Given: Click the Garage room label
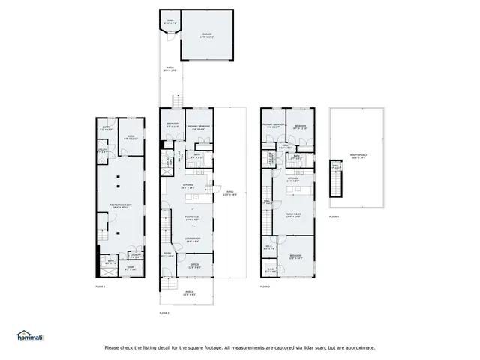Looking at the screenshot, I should click(x=206, y=34).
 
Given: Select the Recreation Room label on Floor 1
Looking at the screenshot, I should click(x=117, y=205).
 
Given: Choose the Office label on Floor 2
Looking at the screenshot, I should click(x=193, y=265).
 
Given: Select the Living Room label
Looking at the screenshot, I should click(x=192, y=241).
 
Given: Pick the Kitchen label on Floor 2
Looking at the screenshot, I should click(x=187, y=186).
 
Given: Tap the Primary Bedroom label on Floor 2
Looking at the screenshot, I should click(x=198, y=126).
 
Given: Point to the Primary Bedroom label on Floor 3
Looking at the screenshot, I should click(x=273, y=126).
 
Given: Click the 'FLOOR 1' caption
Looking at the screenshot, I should click(x=100, y=287).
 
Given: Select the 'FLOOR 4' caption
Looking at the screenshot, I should click(x=334, y=217).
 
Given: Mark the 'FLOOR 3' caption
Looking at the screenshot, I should click(x=264, y=286).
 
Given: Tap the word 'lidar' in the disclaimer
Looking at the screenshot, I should click(x=314, y=347).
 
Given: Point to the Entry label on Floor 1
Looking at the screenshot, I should click(x=106, y=128).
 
